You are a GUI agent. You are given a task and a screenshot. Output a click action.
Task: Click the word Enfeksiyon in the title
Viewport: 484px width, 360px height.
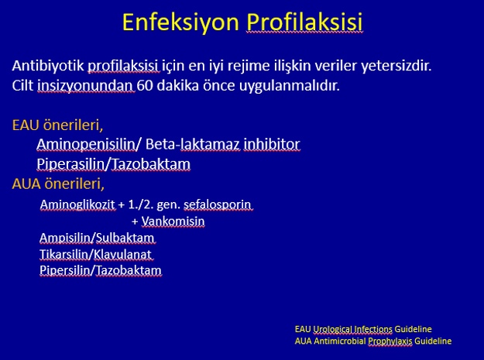click(x=181, y=22)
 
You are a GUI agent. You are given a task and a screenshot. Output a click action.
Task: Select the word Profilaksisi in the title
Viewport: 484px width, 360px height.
click(x=304, y=22)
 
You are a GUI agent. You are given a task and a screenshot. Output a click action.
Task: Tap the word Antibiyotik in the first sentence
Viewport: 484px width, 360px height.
click(x=48, y=66)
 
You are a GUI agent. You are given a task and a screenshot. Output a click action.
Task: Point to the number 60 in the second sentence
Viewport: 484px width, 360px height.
click(x=145, y=85)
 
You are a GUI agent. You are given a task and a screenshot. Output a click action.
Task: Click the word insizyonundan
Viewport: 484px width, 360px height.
click(x=86, y=86)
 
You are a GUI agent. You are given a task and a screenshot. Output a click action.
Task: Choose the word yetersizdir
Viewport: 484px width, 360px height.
click(x=396, y=66)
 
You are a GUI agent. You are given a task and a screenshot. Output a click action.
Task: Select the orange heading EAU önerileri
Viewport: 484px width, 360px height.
click(x=57, y=125)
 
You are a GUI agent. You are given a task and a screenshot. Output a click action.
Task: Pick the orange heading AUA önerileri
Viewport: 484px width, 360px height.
click(x=58, y=183)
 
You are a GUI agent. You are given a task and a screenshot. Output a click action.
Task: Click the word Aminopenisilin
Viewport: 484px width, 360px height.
click(x=86, y=145)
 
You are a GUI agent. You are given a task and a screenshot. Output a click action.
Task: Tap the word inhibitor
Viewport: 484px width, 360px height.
click(x=272, y=144)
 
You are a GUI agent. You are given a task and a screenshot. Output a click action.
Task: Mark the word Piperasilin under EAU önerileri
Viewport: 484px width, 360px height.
click(x=70, y=164)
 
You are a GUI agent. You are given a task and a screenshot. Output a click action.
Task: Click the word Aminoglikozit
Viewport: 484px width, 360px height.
click(x=77, y=204)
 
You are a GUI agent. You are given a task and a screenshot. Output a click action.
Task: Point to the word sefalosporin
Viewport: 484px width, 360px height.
click(x=218, y=205)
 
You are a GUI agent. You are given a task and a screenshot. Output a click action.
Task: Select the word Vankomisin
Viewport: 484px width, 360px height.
click(x=173, y=221)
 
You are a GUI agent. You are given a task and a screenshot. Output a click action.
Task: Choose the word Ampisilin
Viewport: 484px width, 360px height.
click(x=66, y=238)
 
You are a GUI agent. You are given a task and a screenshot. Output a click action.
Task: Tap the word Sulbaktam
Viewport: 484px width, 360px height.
click(x=125, y=238)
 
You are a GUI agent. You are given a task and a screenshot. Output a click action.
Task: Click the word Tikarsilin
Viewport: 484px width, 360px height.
click(x=64, y=255)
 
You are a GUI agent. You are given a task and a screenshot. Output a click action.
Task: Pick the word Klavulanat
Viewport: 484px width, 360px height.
click(x=122, y=255)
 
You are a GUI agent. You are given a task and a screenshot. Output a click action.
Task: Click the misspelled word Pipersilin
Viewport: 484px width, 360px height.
click(x=65, y=270)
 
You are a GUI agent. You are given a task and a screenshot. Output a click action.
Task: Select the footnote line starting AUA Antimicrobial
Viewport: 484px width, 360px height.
click(x=373, y=341)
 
